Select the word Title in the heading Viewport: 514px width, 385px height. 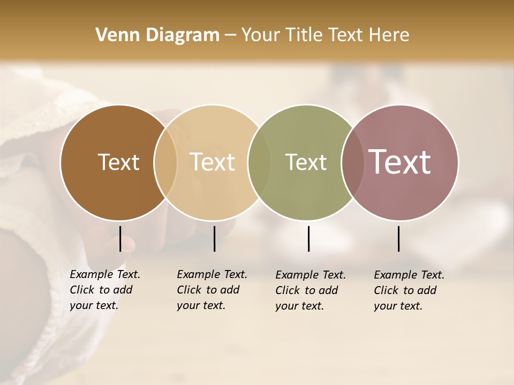305,35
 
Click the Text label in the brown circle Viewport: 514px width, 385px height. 118,162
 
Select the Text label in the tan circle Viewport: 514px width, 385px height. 212,162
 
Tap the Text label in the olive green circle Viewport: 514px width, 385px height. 306,162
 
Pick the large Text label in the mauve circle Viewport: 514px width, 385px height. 399,161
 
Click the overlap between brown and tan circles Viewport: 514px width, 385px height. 165,163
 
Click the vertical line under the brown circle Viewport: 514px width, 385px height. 120,238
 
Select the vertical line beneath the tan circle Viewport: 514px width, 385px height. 214,238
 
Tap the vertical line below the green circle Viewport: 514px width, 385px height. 308,238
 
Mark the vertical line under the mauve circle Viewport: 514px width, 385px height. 398,238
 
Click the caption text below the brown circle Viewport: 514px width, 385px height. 104,290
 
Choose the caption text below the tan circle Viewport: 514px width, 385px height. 211,290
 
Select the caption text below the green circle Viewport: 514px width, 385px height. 310,290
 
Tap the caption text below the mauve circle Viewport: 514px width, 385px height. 409,290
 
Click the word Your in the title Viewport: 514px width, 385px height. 260,35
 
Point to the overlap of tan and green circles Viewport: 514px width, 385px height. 259,163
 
